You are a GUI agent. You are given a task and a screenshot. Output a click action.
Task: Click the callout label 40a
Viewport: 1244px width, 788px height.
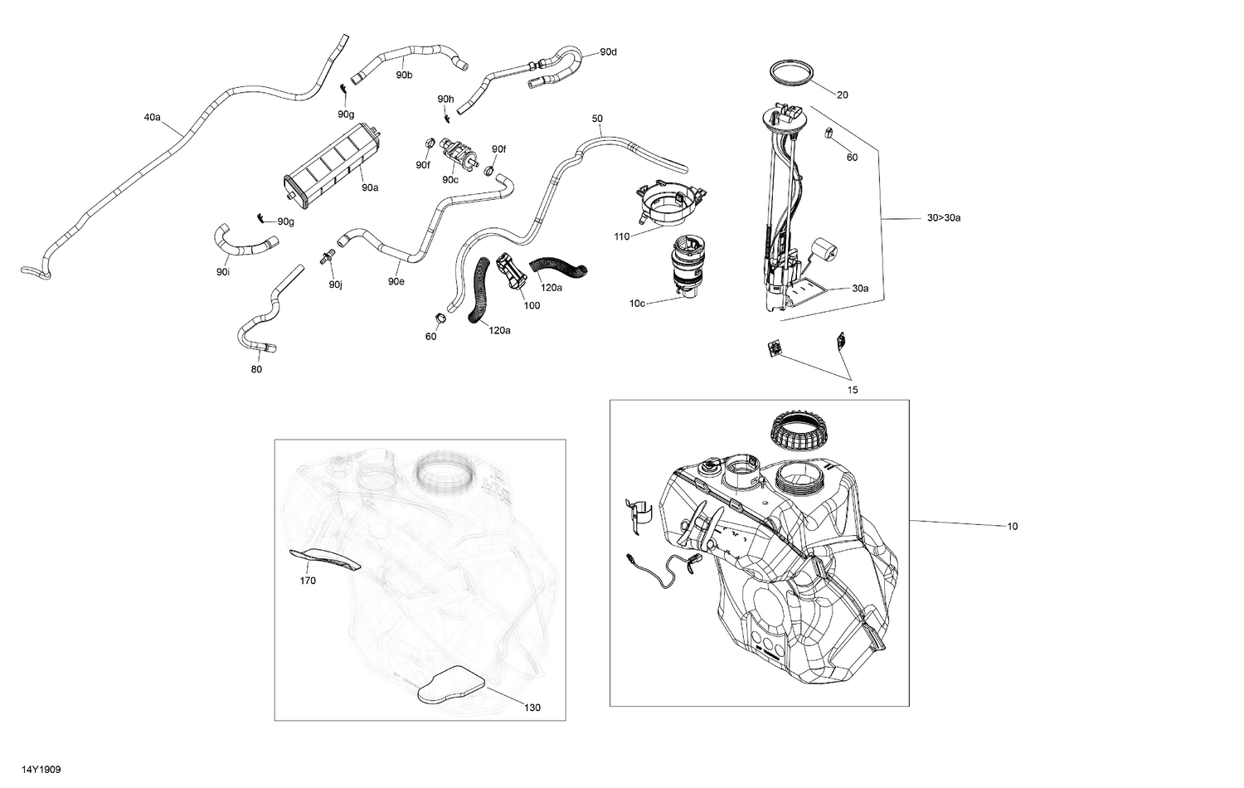click(x=152, y=118)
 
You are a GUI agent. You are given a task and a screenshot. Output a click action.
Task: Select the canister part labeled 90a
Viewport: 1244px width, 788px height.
click(x=328, y=167)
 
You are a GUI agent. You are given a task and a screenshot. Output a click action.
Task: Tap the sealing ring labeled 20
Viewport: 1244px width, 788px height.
click(x=793, y=72)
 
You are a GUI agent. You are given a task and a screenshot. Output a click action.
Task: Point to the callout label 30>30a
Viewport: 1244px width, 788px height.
click(x=944, y=218)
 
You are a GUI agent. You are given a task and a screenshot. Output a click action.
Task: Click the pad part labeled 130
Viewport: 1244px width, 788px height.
click(x=451, y=686)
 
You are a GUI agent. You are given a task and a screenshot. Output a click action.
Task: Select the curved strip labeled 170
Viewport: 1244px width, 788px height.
click(x=325, y=561)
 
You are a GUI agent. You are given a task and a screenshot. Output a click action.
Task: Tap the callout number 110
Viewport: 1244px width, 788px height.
click(x=621, y=236)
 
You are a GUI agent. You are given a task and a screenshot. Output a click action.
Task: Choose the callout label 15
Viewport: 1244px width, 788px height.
click(x=853, y=390)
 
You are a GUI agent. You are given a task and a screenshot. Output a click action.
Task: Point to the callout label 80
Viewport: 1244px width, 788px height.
click(x=256, y=370)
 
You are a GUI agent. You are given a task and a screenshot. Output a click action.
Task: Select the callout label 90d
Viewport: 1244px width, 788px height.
click(x=608, y=52)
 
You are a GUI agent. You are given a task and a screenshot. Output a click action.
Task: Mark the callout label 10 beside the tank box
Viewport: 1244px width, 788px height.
click(x=1012, y=527)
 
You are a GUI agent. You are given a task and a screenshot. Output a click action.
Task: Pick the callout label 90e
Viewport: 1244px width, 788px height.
click(x=396, y=281)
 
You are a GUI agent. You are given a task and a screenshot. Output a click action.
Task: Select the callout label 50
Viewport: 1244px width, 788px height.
click(x=597, y=119)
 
